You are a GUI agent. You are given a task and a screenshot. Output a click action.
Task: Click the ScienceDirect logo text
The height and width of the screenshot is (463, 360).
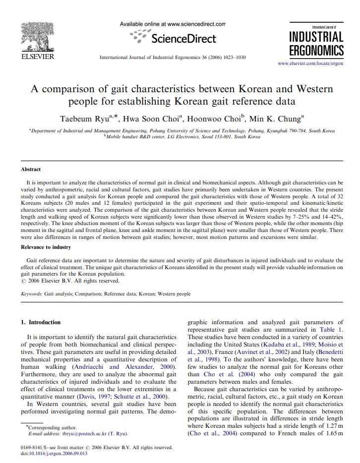183,39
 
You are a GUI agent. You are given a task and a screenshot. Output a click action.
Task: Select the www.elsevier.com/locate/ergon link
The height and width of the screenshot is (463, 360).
310,63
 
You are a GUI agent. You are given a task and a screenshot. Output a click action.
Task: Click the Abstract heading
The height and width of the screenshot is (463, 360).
31,169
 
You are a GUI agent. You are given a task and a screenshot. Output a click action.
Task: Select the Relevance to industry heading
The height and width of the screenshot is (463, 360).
46,247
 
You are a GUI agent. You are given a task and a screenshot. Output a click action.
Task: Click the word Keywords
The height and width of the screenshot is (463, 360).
31,294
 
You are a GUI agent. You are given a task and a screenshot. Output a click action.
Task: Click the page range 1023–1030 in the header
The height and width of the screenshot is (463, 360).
233,58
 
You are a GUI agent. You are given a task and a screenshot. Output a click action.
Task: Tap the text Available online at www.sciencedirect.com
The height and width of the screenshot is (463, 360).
173,23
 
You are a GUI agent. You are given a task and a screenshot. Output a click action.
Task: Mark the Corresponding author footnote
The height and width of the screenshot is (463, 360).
51,427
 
